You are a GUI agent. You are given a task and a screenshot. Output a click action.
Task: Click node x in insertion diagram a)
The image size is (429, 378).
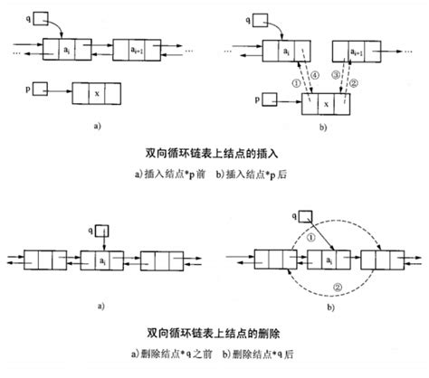pyautogui.click(x=98, y=92)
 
